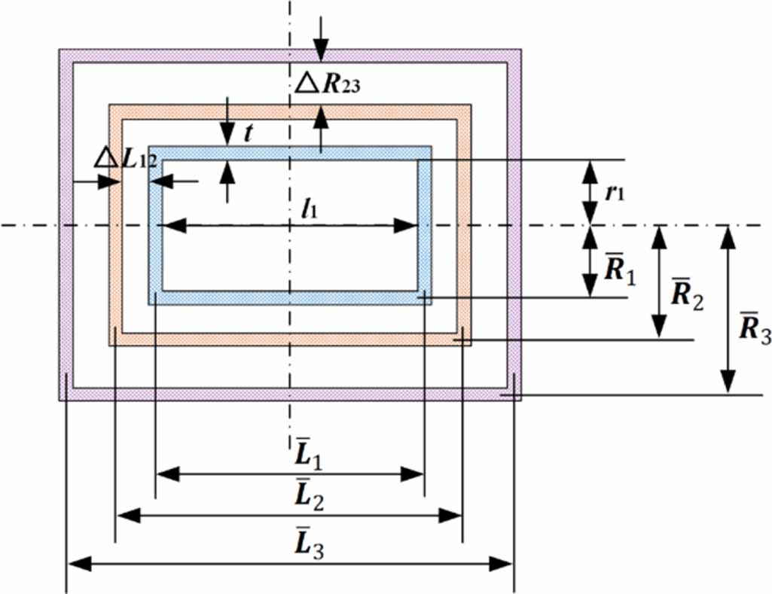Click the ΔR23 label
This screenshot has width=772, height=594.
coord(328,84)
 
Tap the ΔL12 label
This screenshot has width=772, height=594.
coord(126,159)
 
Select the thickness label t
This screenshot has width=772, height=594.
coord(249,133)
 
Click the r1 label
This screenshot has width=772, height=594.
coord(615,192)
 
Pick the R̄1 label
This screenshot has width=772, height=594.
coord(620,270)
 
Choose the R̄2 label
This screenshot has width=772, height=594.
coord(688,294)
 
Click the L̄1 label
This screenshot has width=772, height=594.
coord(309,454)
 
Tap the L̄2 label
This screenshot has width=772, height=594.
coord(310,494)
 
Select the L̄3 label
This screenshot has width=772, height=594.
coord(310,543)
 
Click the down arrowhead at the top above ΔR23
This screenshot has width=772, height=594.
coord(321,50)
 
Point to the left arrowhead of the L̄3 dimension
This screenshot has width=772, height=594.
coord(80,564)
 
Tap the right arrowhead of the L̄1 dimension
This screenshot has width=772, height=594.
coord(413,475)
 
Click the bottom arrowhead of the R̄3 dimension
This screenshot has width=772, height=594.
coord(728,382)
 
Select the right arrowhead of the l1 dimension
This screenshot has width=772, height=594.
coord(407,226)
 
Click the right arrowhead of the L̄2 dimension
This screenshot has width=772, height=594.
coord(450,516)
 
